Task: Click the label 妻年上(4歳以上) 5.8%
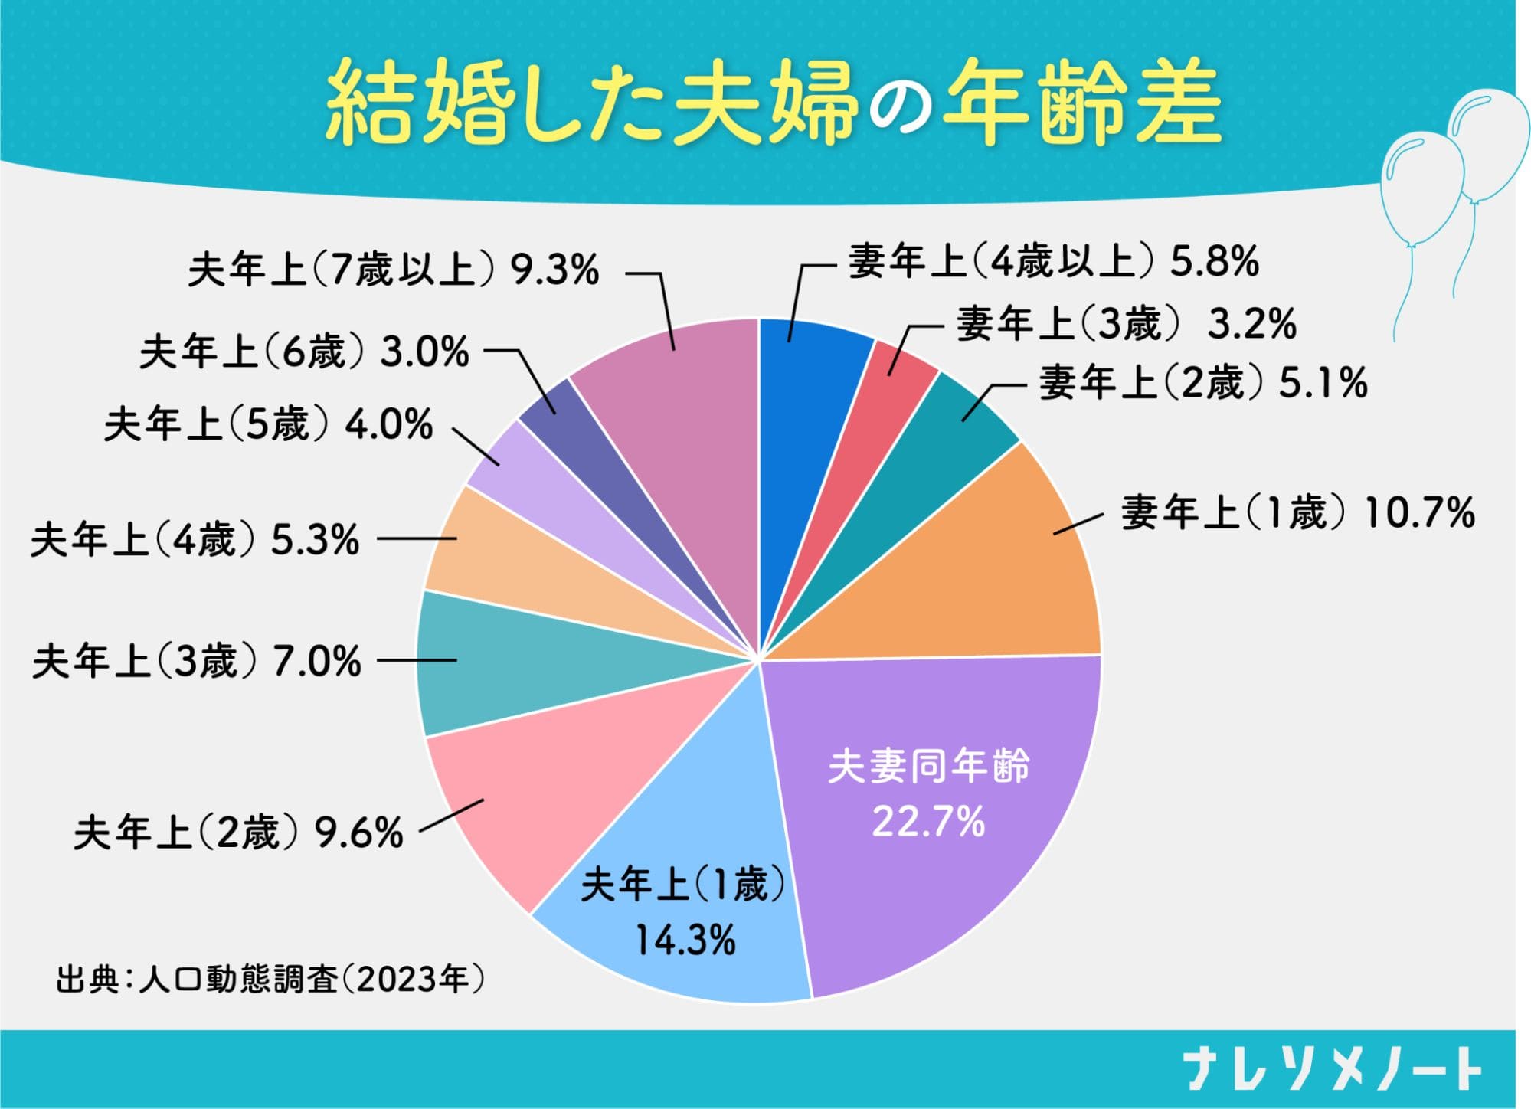pos(1053,262)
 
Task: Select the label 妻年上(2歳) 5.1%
pos(1202,383)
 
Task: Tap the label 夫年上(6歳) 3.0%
pos(304,353)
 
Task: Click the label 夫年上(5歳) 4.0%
pos(268,425)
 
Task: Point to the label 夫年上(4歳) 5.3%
pos(195,541)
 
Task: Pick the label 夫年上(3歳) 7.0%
pos(196,662)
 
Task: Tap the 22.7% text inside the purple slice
pos(928,822)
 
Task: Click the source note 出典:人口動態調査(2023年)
pos(270,980)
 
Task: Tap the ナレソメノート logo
pos(1333,1069)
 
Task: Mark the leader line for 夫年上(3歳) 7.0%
pos(417,661)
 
